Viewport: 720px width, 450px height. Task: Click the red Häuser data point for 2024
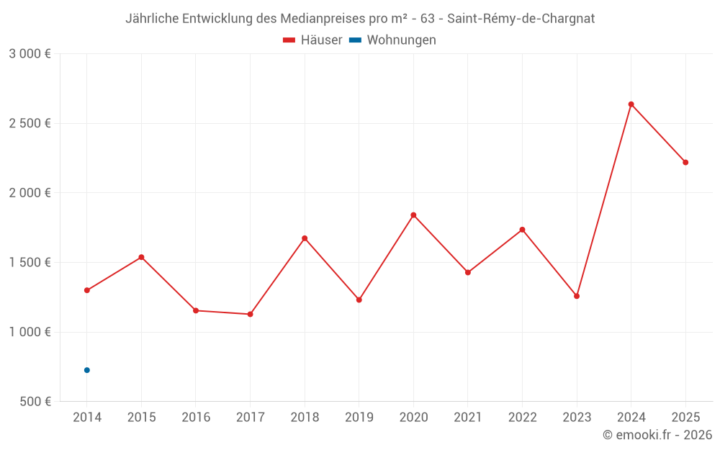[x=631, y=104]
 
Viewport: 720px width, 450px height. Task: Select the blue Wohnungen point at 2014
[x=87, y=370]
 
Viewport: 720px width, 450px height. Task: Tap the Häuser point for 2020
[x=413, y=215]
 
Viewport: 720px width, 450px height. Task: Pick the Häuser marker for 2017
[x=250, y=314]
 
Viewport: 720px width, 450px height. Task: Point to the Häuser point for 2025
[x=685, y=163]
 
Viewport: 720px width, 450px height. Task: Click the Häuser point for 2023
[x=577, y=296]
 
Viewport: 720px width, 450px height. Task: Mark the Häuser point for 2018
[x=305, y=238]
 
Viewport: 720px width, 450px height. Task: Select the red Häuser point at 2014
[x=87, y=290]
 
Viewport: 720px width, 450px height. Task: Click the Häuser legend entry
[x=312, y=40]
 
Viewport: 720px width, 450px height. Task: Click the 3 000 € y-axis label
[x=30, y=54]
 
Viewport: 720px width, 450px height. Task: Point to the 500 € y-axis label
[x=35, y=402]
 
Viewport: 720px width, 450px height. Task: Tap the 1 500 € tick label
[x=30, y=263]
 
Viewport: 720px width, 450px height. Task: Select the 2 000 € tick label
[x=30, y=193]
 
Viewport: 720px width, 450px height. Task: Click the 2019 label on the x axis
[x=359, y=418]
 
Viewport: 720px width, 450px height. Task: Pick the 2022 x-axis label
[x=522, y=418]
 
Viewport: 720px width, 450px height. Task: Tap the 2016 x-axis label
[x=196, y=418]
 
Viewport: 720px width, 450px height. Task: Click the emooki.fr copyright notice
[x=657, y=435]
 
